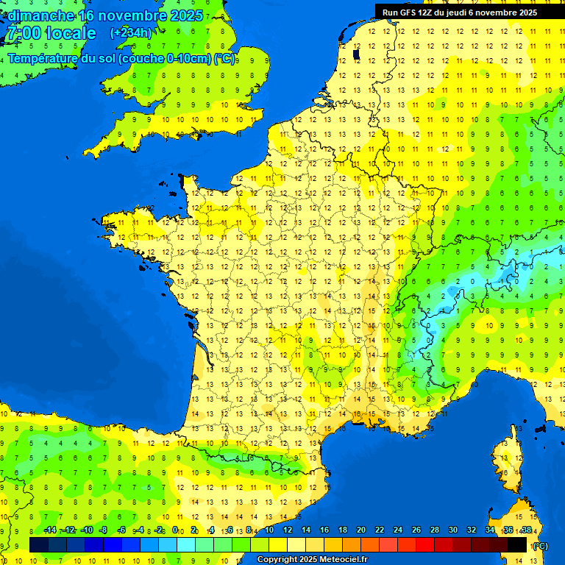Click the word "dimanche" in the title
pyautogui.click(x=41, y=15)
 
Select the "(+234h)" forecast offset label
pyautogui.click(x=131, y=32)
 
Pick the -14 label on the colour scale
pyautogui.click(x=50, y=530)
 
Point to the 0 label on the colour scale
pyautogui.click(x=175, y=530)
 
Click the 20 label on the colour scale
pyautogui.click(x=360, y=530)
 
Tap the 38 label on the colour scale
pyautogui.click(x=526, y=530)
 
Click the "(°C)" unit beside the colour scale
pyautogui.click(x=540, y=546)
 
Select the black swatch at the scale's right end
pyautogui.click(x=517, y=544)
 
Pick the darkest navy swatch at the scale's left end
pyautogui.click(x=39, y=544)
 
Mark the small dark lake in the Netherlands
pyautogui.click(x=356, y=54)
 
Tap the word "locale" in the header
pyautogui.click(x=70, y=33)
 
